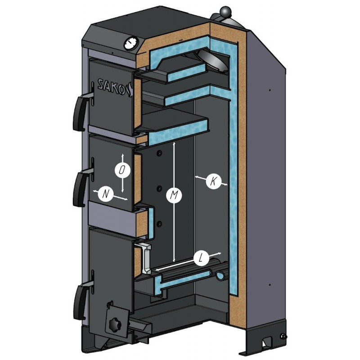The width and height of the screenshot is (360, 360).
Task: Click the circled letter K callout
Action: click(x=213, y=181)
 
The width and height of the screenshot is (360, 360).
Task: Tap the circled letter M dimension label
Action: click(x=174, y=195)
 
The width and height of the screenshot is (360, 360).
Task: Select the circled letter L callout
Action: click(x=201, y=259)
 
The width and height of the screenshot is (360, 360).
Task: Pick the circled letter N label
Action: click(x=105, y=194)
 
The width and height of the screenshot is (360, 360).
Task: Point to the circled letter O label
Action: click(x=122, y=170)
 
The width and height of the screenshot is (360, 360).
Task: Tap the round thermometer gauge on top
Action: click(x=130, y=44)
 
